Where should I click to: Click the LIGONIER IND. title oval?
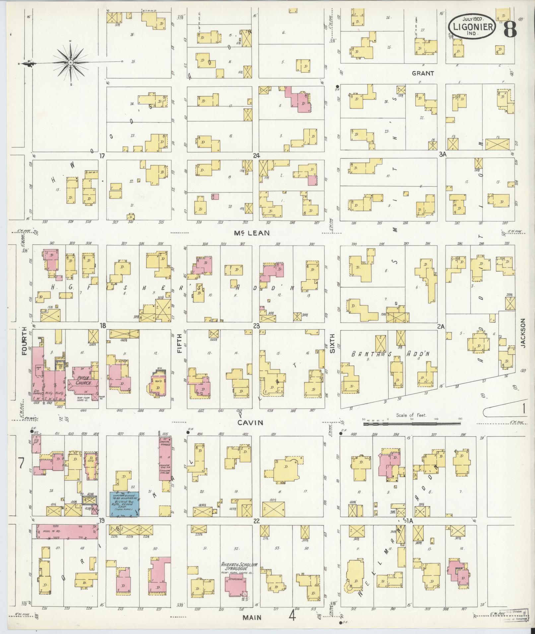point(472,26)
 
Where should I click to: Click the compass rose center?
point(70,62)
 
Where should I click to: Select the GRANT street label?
point(423,73)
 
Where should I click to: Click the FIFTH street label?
point(179,344)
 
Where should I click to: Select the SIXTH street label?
point(332,343)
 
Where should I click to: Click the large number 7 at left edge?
point(21,463)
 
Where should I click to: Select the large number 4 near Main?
point(292,616)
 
